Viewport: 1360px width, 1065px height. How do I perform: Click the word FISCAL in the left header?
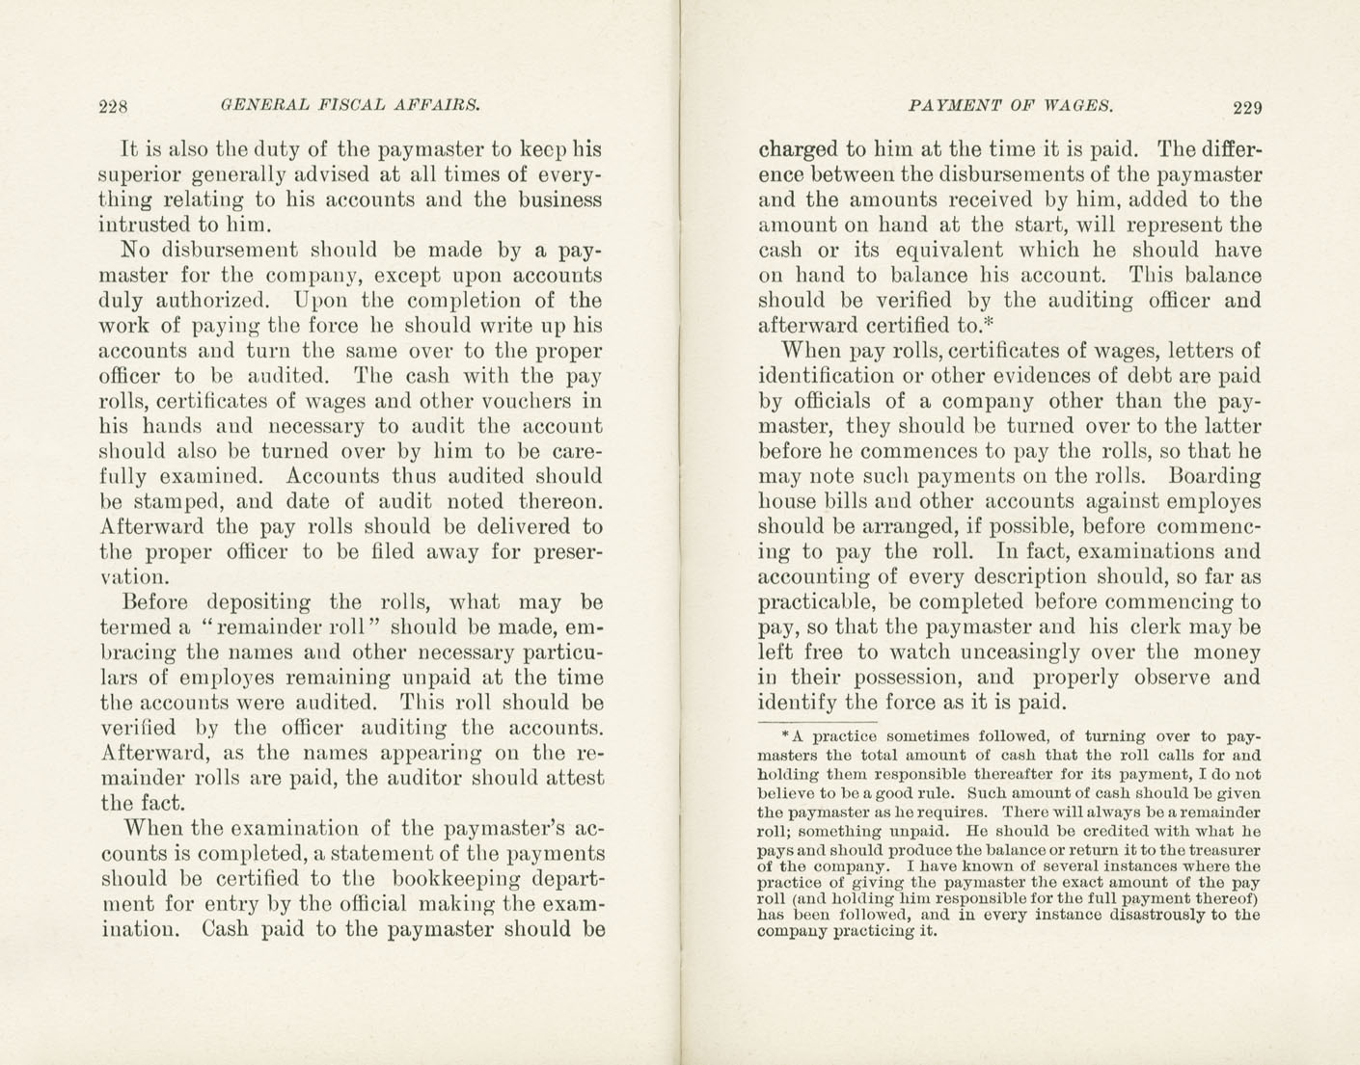coord(342,105)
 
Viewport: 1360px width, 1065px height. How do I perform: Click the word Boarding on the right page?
coord(1213,476)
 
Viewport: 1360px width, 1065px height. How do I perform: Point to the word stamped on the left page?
coord(170,502)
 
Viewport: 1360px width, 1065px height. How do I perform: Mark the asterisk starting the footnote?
coord(786,735)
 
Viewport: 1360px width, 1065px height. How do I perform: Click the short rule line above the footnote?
coord(817,719)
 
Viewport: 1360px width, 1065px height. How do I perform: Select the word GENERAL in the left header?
coord(255,105)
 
